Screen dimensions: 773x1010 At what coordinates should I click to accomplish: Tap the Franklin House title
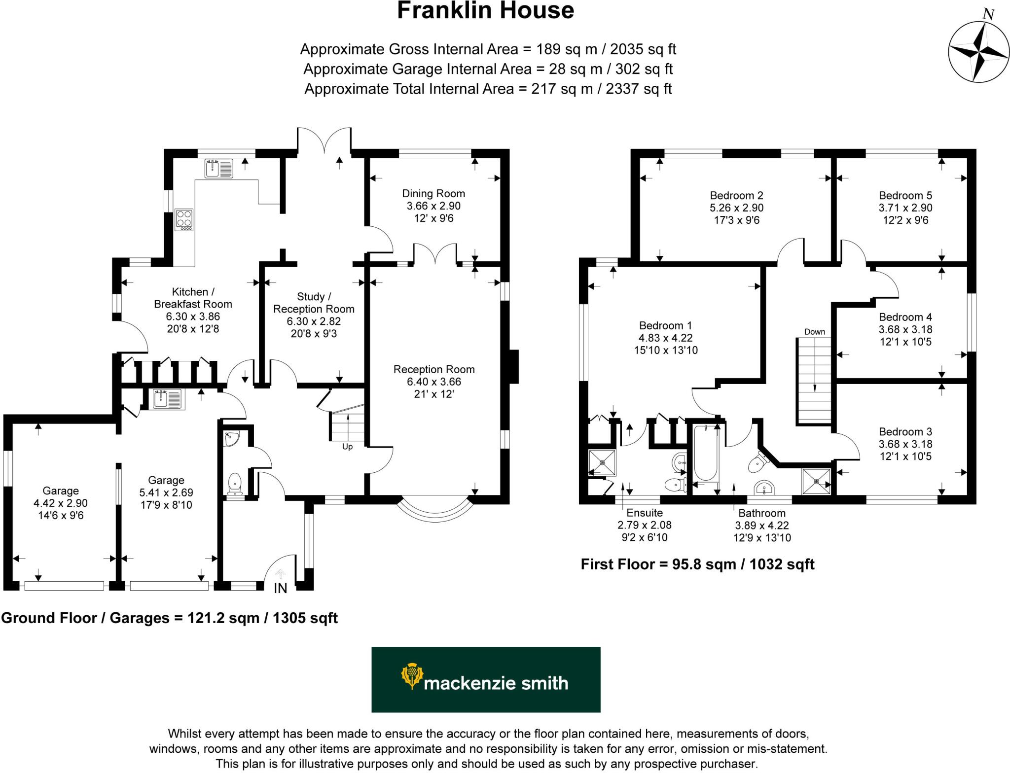pos(485,11)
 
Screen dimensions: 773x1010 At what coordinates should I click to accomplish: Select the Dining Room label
pos(433,194)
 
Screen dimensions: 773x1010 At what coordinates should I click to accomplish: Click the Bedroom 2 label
pos(736,196)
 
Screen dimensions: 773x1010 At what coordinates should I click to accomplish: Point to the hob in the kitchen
pos(184,220)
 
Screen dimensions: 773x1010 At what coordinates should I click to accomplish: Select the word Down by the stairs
pos(814,332)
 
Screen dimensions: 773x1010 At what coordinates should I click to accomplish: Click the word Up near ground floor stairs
pos(347,447)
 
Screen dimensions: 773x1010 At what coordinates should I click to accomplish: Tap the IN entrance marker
pos(280,588)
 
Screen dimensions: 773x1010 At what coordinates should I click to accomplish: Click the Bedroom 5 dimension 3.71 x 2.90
pos(905,208)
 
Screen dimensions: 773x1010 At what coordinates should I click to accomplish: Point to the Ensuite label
pos(645,513)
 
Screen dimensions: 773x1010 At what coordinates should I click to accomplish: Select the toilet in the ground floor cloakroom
pos(235,484)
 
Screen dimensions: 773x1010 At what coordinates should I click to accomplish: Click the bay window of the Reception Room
pos(433,510)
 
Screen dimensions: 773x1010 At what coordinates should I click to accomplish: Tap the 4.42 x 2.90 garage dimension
pos(61,503)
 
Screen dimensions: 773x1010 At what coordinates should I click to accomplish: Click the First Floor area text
pos(697,564)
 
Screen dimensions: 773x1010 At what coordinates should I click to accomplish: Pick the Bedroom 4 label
pos(905,317)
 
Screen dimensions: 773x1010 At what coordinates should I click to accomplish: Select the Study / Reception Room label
pos(314,303)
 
